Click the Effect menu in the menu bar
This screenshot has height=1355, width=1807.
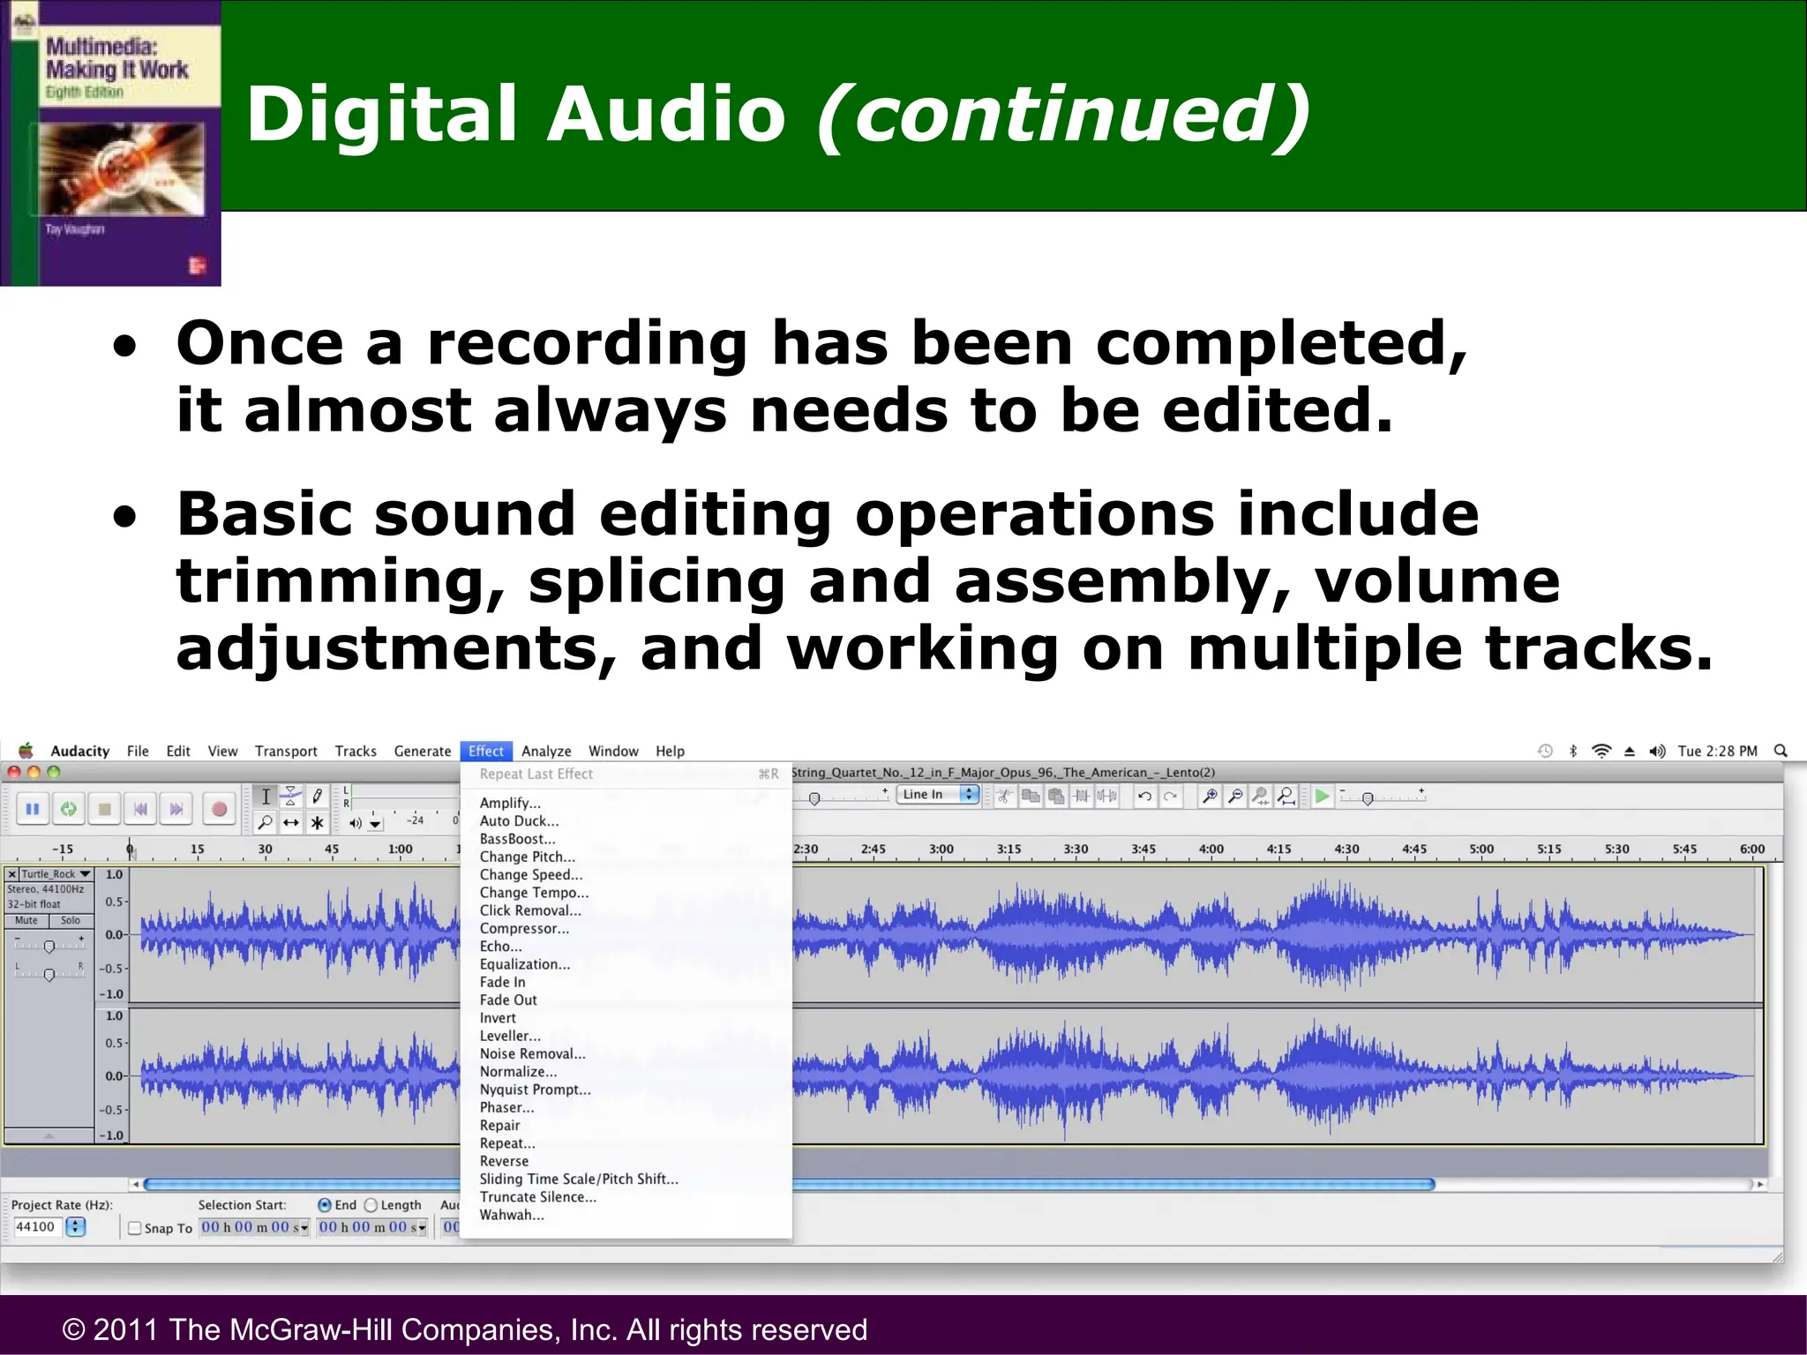(x=485, y=751)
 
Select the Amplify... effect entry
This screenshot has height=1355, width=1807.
(x=510, y=803)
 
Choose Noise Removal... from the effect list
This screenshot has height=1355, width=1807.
(x=532, y=1053)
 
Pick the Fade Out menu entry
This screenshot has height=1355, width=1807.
(x=508, y=999)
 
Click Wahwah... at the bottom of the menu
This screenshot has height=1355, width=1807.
(x=512, y=1215)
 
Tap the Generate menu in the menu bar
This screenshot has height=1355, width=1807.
(x=422, y=751)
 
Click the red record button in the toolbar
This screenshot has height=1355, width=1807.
(x=219, y=808)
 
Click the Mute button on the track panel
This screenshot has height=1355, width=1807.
(x=26, y=920)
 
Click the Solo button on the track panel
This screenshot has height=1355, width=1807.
(x=71, y=920)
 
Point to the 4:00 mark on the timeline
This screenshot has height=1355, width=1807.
(x=1211, y=850)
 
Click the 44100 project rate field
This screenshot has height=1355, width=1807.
(x=37, y=1227)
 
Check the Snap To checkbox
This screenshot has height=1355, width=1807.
(x=135, y=1228)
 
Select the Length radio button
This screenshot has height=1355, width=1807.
(x=371, y=1205)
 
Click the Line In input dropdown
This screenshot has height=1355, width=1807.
(x=939, y=794)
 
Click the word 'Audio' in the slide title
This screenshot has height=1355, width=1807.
(x=666, y=115)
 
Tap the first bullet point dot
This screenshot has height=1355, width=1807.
(x=125, y=346)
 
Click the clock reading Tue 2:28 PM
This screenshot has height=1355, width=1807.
(x=1717, y=751)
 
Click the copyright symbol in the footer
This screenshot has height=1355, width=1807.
(x=74, y=1329)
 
